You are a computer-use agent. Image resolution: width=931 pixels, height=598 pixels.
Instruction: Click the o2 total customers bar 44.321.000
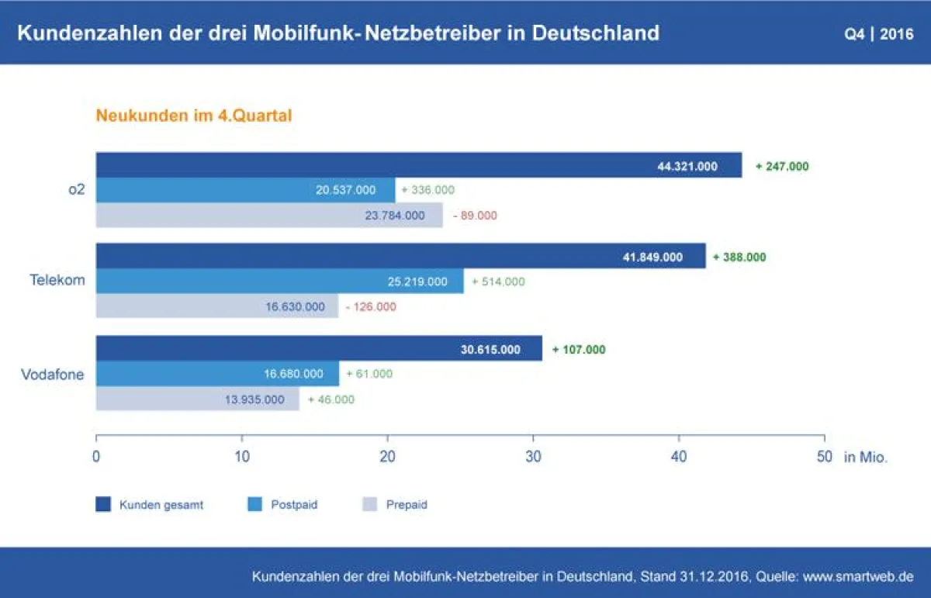419,165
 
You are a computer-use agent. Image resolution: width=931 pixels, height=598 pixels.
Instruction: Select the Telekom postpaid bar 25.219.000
279,281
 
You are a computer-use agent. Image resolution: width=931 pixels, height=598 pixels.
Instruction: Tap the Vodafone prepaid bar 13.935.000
197,399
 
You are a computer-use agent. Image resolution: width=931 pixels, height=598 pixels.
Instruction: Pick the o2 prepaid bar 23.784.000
269,215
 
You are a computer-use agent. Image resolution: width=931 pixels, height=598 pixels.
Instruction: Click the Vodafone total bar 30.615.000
319,349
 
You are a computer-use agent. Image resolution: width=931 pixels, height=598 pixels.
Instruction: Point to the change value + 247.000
782,166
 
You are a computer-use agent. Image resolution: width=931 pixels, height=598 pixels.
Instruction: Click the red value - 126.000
370,306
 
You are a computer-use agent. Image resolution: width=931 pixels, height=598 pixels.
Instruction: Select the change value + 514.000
498,282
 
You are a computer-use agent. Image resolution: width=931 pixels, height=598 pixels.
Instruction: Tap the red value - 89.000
474,216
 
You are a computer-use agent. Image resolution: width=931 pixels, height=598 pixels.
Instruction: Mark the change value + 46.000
331,399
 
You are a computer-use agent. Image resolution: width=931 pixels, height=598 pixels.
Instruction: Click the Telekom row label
57,281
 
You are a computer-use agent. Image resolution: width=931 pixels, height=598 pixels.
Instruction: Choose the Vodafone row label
52,375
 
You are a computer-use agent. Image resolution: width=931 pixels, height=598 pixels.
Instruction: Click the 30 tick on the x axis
533,457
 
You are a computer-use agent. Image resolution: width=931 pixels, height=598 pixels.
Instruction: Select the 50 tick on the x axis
824,457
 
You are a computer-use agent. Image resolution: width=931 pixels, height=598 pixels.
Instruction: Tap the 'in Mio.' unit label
865,458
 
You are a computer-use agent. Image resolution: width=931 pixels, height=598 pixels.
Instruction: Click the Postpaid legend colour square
254,504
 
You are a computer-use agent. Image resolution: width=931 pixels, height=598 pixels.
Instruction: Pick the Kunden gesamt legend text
161,505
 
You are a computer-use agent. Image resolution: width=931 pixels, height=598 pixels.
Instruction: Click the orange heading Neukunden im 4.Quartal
193,116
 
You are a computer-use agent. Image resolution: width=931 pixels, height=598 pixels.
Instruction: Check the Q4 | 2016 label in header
879,34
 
